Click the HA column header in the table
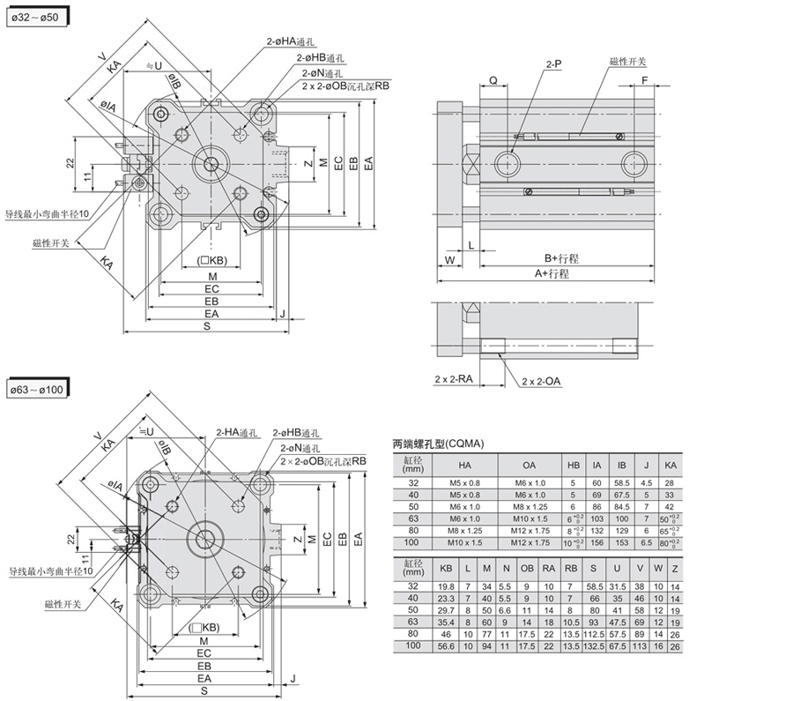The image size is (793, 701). tap(464, 464)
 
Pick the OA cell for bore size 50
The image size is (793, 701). tap(529, 508)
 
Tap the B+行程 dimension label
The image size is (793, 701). tap(561, 258)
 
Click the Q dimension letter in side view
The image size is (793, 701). tap(493, 79)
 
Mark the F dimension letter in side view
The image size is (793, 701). tap(644, 79)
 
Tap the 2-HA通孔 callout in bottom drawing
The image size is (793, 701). tap(236, 432)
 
